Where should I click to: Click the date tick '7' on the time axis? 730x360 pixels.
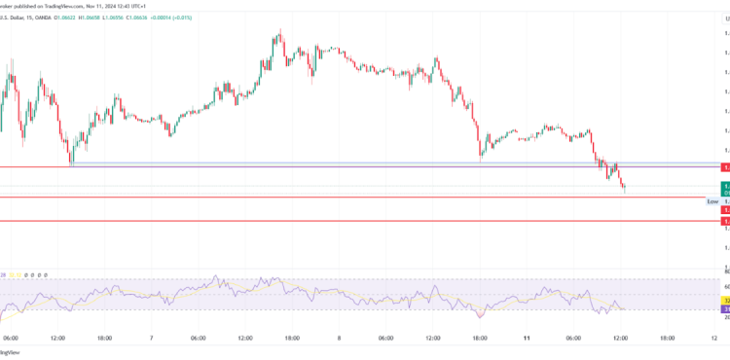[x=151, y=339]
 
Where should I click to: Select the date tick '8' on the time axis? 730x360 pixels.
[x=338, y=339]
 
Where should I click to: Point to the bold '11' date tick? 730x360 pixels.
[x=526, y=339]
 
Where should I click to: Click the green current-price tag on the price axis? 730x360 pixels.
[x=725, y=185]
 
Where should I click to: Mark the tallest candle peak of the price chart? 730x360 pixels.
[x=279, y=32]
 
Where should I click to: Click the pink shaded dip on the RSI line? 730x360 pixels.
[x=483, y=314]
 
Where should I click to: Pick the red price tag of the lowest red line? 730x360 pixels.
[x=725, y=222]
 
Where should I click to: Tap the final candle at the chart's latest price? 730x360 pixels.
[x=623, y=187]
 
